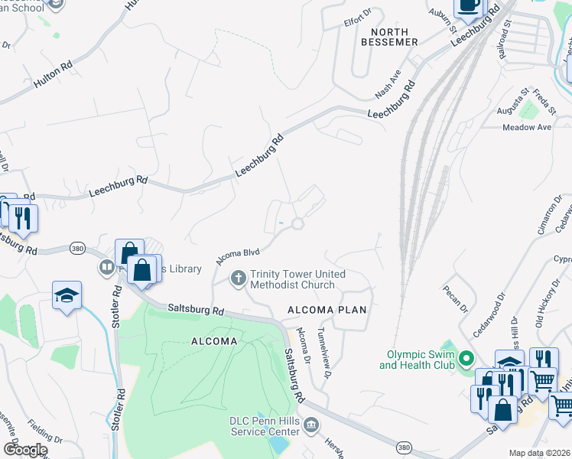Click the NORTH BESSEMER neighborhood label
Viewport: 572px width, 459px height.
[x=394, y=36]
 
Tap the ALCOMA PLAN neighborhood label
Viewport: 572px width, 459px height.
[x=327, y=310]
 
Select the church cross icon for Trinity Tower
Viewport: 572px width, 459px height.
[x=238, y=277]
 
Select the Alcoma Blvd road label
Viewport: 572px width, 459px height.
[x=239, y=255]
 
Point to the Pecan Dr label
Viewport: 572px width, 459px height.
[x=454, y=299]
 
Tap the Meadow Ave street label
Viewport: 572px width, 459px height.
[x=527, y=127]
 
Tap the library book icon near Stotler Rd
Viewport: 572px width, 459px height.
[x=106, y=268]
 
